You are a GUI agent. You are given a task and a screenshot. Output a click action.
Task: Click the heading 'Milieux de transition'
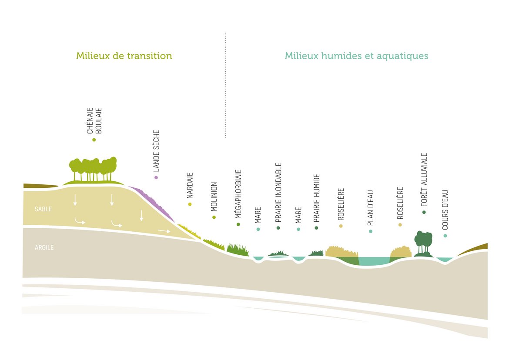pyautogui.click(x=124, y=56)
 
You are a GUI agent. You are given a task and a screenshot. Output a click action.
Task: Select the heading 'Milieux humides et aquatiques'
pyautogui.click(x=356, y=56)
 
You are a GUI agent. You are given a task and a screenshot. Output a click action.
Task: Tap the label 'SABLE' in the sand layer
pyautogui.click(x=43, y=209)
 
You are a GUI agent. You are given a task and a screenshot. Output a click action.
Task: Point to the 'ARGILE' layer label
pyautogui.click(x=44, y=248)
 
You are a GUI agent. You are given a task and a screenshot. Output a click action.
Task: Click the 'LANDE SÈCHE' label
pyautogui.click(x=157, y=150)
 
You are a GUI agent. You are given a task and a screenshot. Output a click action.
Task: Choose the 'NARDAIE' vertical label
pyautogui.click(x=190, y=186)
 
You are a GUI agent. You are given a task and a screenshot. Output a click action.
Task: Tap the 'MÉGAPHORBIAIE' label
pyautogui.click(x=238, y=194)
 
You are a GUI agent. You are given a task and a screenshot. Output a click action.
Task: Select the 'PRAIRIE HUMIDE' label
pyautogui.click(x=317, y=198)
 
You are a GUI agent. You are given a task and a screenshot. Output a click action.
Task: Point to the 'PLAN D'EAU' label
pyautogui.click(x=371, y=208)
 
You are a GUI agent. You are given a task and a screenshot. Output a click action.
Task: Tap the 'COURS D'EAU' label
pyautogui.click(x=445, y=210)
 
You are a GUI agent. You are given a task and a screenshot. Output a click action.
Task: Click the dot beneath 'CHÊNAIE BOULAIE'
pyautogui.click(x=94, y=140)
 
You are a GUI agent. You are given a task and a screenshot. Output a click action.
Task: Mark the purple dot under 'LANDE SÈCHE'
pyautogui.click(x=156, y=177)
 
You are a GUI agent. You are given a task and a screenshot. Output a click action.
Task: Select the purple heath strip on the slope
pyautogui.click(x=152, y=202)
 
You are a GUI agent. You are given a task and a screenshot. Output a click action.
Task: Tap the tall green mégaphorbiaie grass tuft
pyautogui.click(x=237, y=249)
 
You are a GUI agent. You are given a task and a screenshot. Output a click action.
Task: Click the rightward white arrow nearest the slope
pyautogui.click(x=164, y=231)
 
